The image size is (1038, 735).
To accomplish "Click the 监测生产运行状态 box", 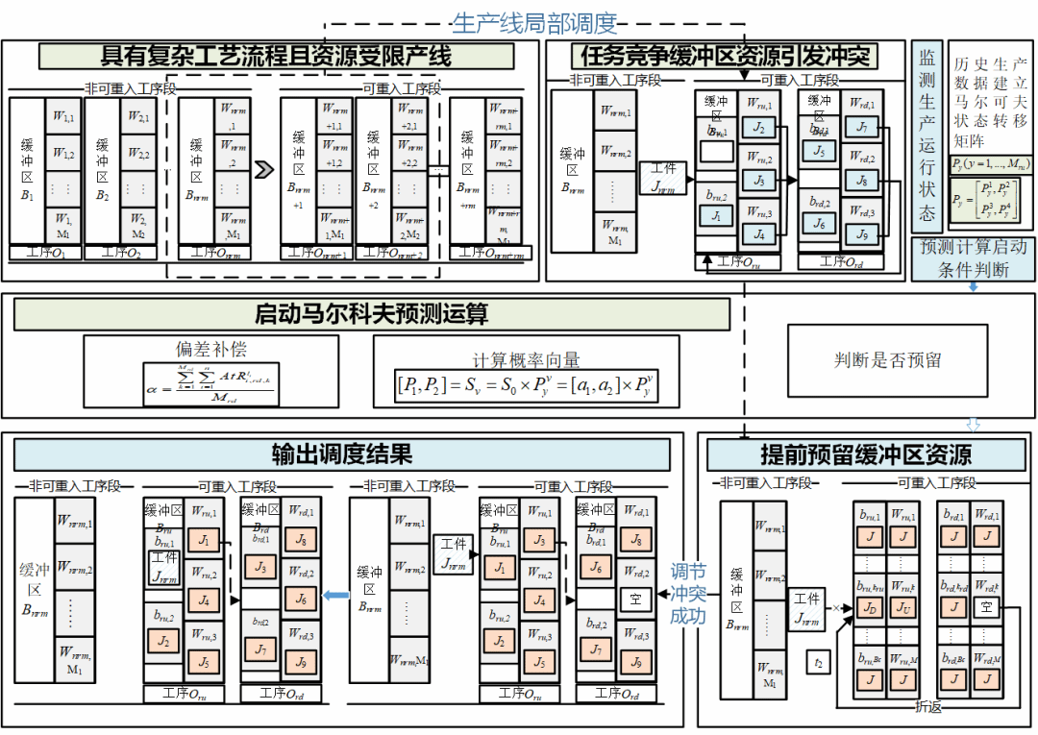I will (927, 136).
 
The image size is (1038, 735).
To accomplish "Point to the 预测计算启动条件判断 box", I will (974, 258).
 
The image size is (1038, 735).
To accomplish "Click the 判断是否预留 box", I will (887, 360).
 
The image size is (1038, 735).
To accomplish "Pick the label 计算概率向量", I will (525, 360).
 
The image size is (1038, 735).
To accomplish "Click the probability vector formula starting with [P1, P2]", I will (526, 388).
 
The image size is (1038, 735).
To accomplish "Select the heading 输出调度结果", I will (341, 453).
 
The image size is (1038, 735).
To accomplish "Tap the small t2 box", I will (819, 662).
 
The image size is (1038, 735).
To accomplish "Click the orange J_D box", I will (870, 607).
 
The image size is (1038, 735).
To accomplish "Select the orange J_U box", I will (903, 607).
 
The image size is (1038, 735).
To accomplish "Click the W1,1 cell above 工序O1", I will (63, 117).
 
